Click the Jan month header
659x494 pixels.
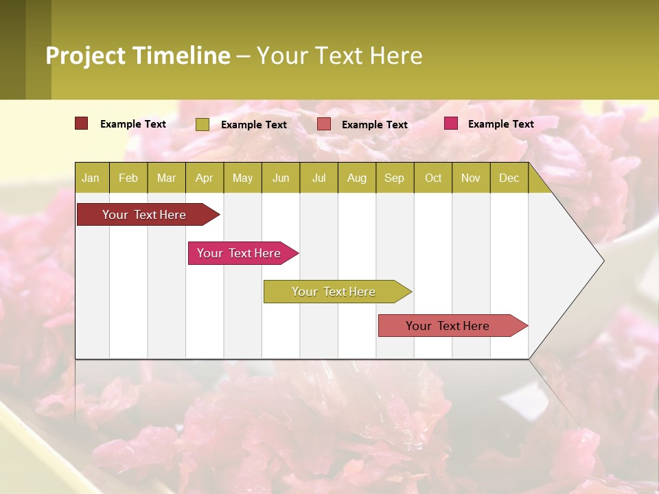tap(91, 178)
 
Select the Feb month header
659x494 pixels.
tap(128, 178)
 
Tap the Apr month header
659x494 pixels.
tap(204, 178)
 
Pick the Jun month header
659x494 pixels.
tap(281, 178)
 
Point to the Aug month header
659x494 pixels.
tap(356, 178)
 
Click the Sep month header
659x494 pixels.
tap(394, 178)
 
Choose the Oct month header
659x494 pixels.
tap(433, 178)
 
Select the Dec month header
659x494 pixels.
tap(509, 178)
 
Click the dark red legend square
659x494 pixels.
tap(81, 123)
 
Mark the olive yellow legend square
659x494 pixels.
tap(202, 124)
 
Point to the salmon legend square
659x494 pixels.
tap(324, 124)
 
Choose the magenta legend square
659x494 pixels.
tap(450, 123)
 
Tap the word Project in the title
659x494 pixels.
tap(86, 56)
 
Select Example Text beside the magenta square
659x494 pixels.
tap(500, 123)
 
